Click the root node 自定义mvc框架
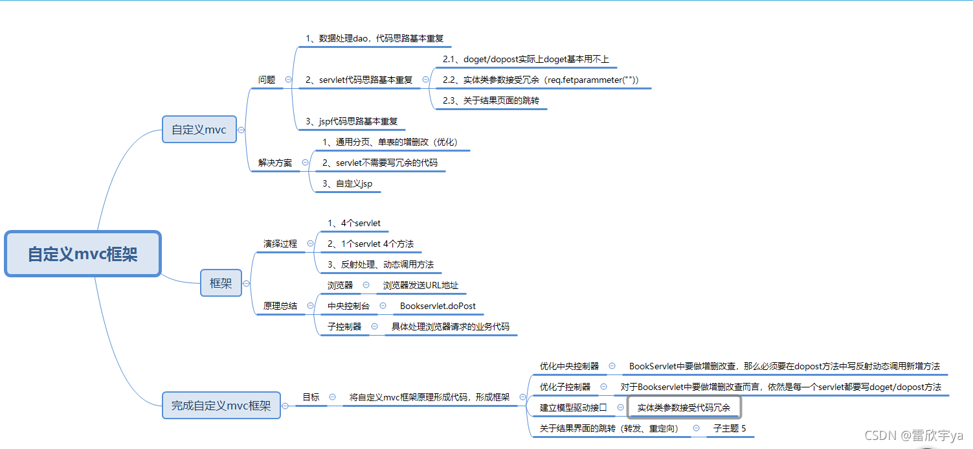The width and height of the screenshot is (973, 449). [x=82, y=254]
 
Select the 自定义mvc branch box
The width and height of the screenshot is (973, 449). [x=199, y=130]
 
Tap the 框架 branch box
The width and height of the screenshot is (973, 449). [x=221, y=283]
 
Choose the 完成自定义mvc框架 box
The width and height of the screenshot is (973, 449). [x=221, y=406]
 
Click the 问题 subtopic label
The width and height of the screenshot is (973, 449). [x=267, y=80]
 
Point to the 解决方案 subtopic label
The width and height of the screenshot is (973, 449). [x=275, y=163]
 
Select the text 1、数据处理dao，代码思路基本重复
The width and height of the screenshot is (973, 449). [x=375, y=39]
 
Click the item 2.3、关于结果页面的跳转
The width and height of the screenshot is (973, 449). [x=491, y=100]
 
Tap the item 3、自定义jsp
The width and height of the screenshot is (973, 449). [x=347, y=184]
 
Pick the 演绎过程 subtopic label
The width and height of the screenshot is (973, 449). [x=280, y=244]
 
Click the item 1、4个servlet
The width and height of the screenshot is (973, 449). [x=353, y=224]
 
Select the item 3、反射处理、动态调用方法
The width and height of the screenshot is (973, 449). [x=381, y=264]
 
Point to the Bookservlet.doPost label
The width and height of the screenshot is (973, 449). [x=438, y=306]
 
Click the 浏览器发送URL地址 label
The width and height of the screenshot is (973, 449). [x=420, y=285]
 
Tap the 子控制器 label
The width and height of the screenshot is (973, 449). [x=344, y=327]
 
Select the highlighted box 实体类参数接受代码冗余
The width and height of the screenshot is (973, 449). [x=684, y=408]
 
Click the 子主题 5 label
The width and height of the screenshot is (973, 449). [x=730, y=428]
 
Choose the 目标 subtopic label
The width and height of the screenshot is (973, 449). [x=311, y=397]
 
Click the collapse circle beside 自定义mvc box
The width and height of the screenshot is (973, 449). [x=241, y=130]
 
